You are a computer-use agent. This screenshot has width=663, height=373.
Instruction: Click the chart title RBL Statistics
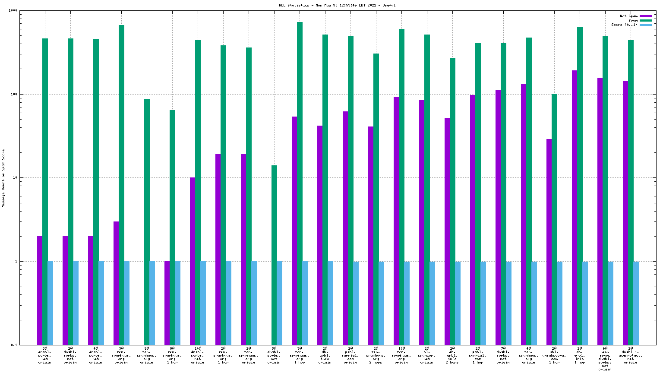point(337,5)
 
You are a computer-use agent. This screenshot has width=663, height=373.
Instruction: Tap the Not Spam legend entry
point(628,16)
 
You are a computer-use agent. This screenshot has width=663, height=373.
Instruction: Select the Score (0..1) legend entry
point(624,25)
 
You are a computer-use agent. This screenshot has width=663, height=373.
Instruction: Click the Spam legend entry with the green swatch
point(633,20)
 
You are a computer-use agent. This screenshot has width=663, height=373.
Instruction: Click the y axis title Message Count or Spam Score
point(3,178)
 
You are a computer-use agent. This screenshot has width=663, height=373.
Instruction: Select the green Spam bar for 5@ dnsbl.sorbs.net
point(274,255)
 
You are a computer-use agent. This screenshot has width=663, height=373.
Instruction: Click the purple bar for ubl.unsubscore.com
point(549,242)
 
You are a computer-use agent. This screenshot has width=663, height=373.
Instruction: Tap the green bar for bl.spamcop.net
point(427,190)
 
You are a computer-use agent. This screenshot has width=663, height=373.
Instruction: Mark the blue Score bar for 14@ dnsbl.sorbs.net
point(203,303)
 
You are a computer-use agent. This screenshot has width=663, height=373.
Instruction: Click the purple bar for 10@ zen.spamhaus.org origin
point(396,221)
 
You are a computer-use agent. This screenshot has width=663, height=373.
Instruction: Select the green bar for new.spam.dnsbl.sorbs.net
point(605,190)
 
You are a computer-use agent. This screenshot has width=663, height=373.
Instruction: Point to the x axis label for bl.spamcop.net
point(427,355)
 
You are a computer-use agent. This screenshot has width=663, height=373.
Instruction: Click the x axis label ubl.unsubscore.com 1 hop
point(554,355)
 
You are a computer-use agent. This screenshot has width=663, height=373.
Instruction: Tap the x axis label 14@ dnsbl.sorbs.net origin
point(198,355)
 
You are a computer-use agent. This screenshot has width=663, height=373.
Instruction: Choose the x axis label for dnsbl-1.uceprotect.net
point(631,355)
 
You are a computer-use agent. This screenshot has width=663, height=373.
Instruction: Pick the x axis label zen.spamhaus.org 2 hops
point(376,355)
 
